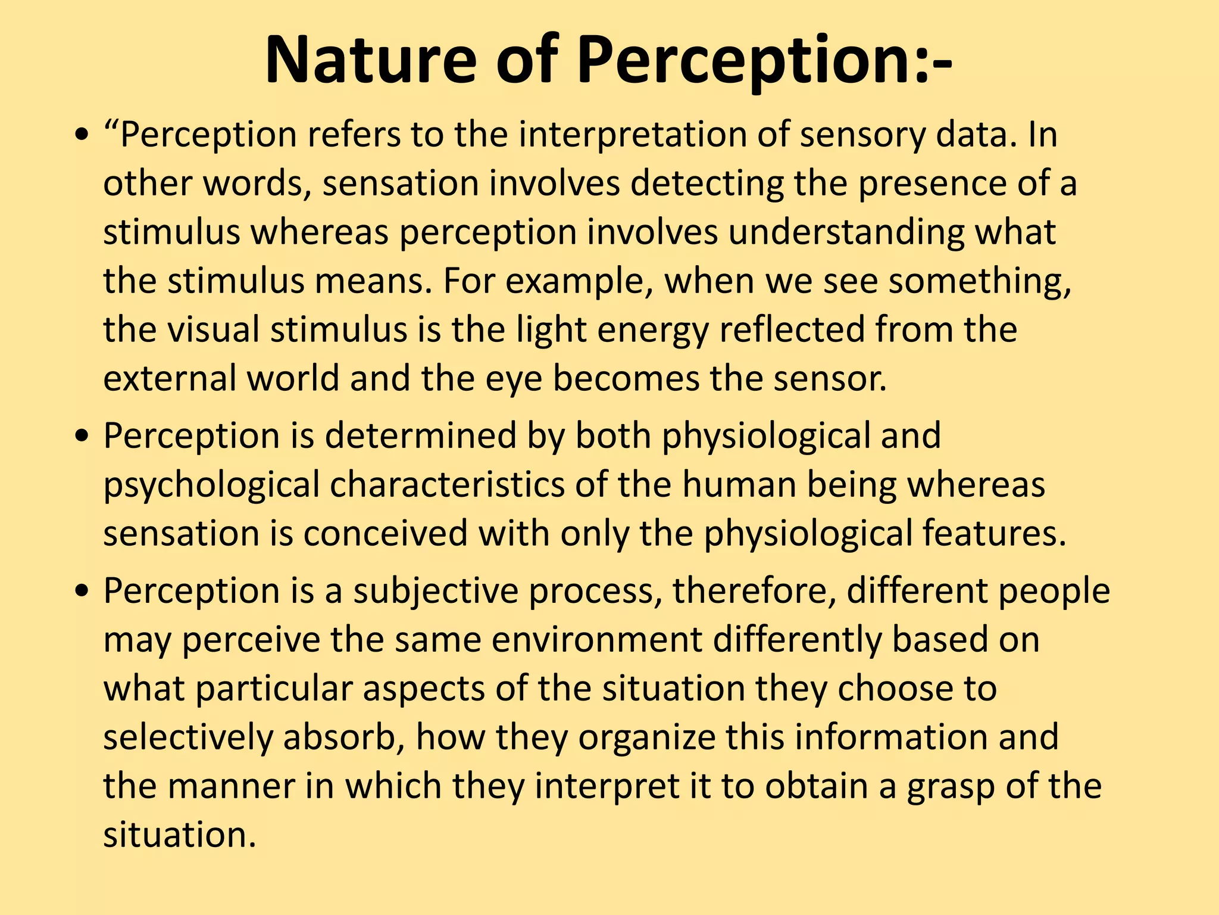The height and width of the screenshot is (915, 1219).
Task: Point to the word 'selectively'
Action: [187, 737]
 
